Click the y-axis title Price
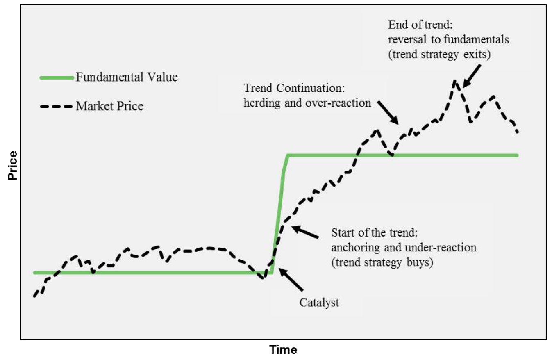click(13, 166)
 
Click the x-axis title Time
click(283, 350)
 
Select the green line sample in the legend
click(57, 77)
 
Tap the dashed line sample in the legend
click(56, 107)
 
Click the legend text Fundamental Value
click(127, 77)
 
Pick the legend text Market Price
click(110, 106)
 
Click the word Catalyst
click(319, 303)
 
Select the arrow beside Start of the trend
click(305, 232)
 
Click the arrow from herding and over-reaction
click(388, 112)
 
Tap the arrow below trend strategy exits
click(472, 76)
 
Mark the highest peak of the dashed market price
click(455, 81)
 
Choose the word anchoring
click(356, 248)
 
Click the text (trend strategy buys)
click(382, 262)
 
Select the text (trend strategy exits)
click(439, 55)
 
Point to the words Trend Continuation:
click(294, 88)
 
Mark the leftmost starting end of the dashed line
click(34, 296)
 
